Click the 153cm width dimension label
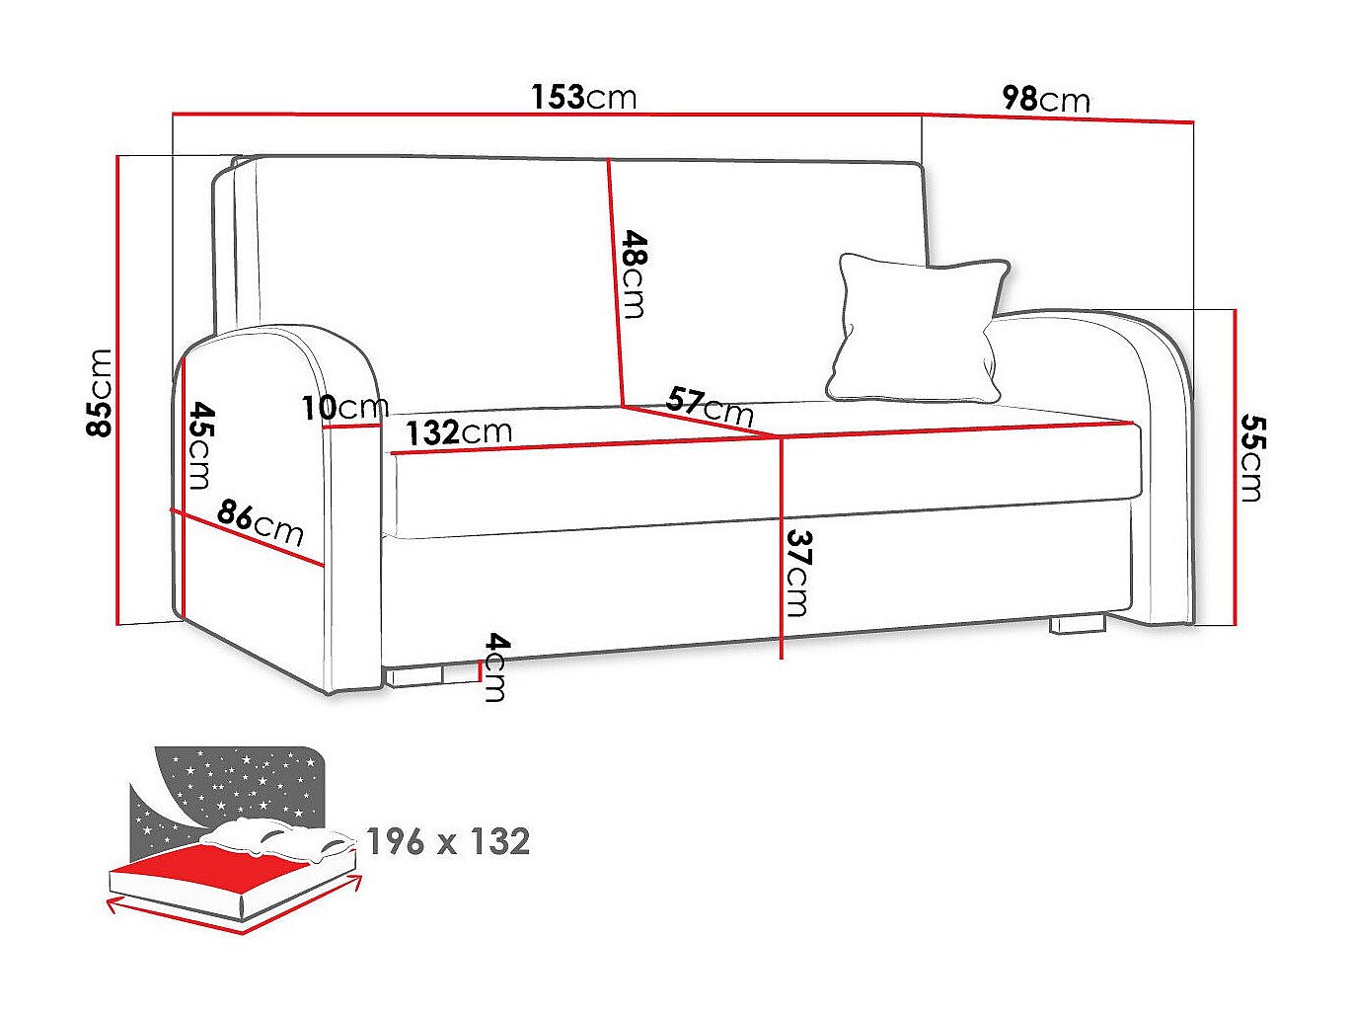tap(583, 97)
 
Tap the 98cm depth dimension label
tap(1045, 99)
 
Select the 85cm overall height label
tap(102, 392)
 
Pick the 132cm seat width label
tap(459, 432)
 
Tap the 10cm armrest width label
tap(345, 407)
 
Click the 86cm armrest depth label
tap(261, 524)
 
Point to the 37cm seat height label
tap(797, 573)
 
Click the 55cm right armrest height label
tap(1251, 457)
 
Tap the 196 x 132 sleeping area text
tap(448, 841)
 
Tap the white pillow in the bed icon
tap(276, 838)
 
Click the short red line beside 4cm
tap(479, 671)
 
